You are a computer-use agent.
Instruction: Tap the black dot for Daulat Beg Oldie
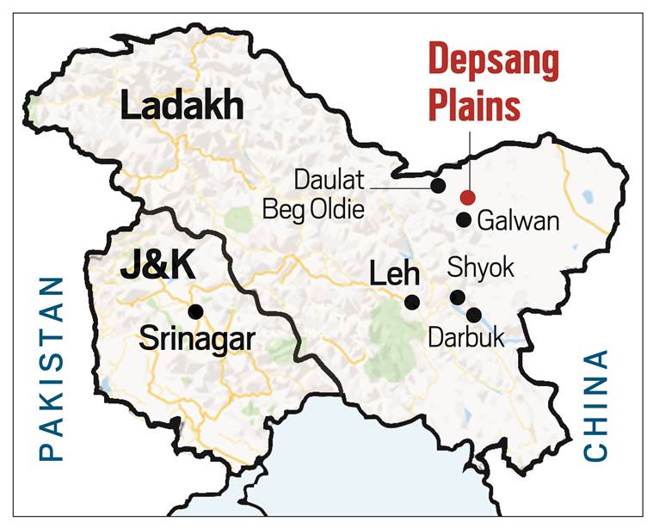point(438,185)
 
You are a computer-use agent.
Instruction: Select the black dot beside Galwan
point(464,220)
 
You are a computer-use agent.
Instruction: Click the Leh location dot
point(412,302)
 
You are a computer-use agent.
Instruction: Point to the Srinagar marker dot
point(196,311)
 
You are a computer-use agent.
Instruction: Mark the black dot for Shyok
point(458,298)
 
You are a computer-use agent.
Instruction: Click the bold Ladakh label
point(182,108)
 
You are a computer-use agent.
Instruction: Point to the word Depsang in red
point(494,63)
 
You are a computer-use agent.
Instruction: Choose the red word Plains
point(475,107)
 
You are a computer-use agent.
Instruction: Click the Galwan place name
point(518,221)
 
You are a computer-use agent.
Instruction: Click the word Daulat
point(330,181)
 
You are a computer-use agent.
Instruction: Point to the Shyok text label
point(481,267)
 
